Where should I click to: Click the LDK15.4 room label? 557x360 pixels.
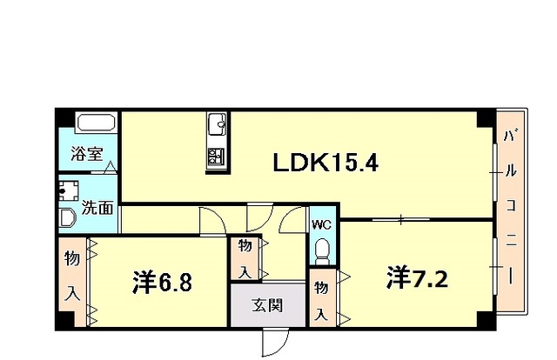(x=325, y=163)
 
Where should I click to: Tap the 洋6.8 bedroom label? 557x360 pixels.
(x=163, y=283)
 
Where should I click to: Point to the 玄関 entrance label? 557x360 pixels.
(x=267, y=305)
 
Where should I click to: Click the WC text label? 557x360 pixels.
(x=321, y=224)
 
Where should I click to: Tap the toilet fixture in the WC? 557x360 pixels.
(x=322, y=251)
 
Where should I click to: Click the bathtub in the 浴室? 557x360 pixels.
(x=97, y=123)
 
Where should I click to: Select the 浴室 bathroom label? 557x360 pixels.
(x=87, y=154)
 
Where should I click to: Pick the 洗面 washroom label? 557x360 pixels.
(x=97, y=208)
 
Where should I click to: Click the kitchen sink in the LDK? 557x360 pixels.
(x=218, y=124)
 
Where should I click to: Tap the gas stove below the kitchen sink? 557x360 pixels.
(x=217, y=157)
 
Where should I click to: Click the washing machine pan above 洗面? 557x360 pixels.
(x=69, y=191)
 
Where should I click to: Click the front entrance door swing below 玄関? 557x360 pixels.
(x=276, y=343)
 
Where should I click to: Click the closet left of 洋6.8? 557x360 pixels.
(x=72, y=282)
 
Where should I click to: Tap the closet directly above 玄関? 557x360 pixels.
(x=245, y=258)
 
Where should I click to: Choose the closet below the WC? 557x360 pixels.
(x=321, y=297)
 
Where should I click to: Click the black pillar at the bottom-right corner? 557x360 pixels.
(x=487, y=320)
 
